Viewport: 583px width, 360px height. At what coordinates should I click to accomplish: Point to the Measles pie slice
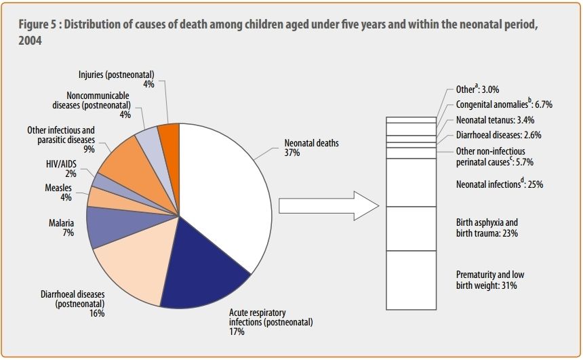click(102, 197)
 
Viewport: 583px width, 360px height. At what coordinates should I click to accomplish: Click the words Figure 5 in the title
click(40, 24)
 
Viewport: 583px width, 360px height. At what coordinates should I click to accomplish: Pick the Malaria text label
click(61, 222)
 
